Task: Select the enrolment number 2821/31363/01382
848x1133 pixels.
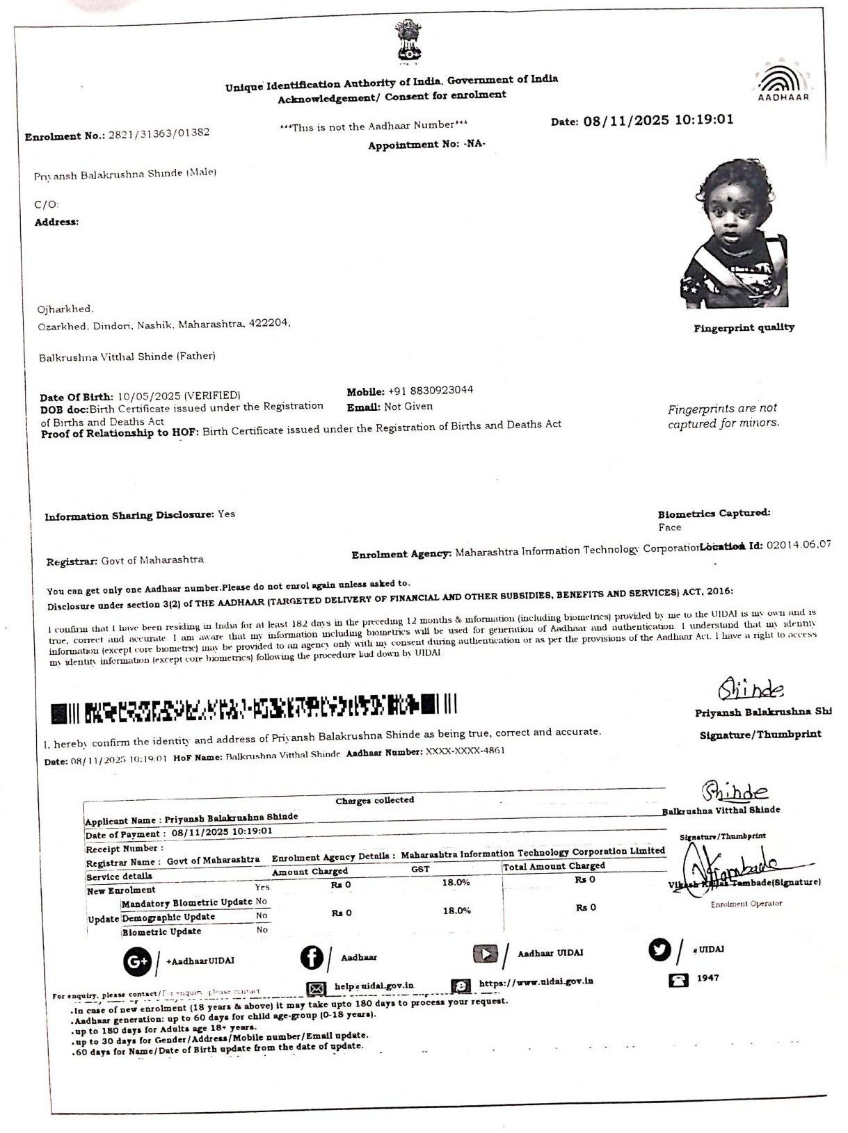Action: tap(159, 133)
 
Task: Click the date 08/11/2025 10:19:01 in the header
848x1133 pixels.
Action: tap(658, 120)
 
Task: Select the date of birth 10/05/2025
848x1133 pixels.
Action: tap(143, 396)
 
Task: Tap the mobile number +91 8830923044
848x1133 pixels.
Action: tap(429, 390)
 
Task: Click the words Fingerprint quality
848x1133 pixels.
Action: tap(744, 327)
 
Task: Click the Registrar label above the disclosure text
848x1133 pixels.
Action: tap(72, 561)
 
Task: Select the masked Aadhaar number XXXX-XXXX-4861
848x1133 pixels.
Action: tap(465, 751)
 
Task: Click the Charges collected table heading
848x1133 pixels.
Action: tap(374, 801)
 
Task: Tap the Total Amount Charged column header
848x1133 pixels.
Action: tap(554, 866)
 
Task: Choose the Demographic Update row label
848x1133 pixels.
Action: tap(168, 918)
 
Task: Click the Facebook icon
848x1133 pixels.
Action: tap(312, 958)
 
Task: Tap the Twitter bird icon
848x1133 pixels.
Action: tap(660, 949)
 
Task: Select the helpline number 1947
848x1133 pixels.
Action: tap(707, 978)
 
